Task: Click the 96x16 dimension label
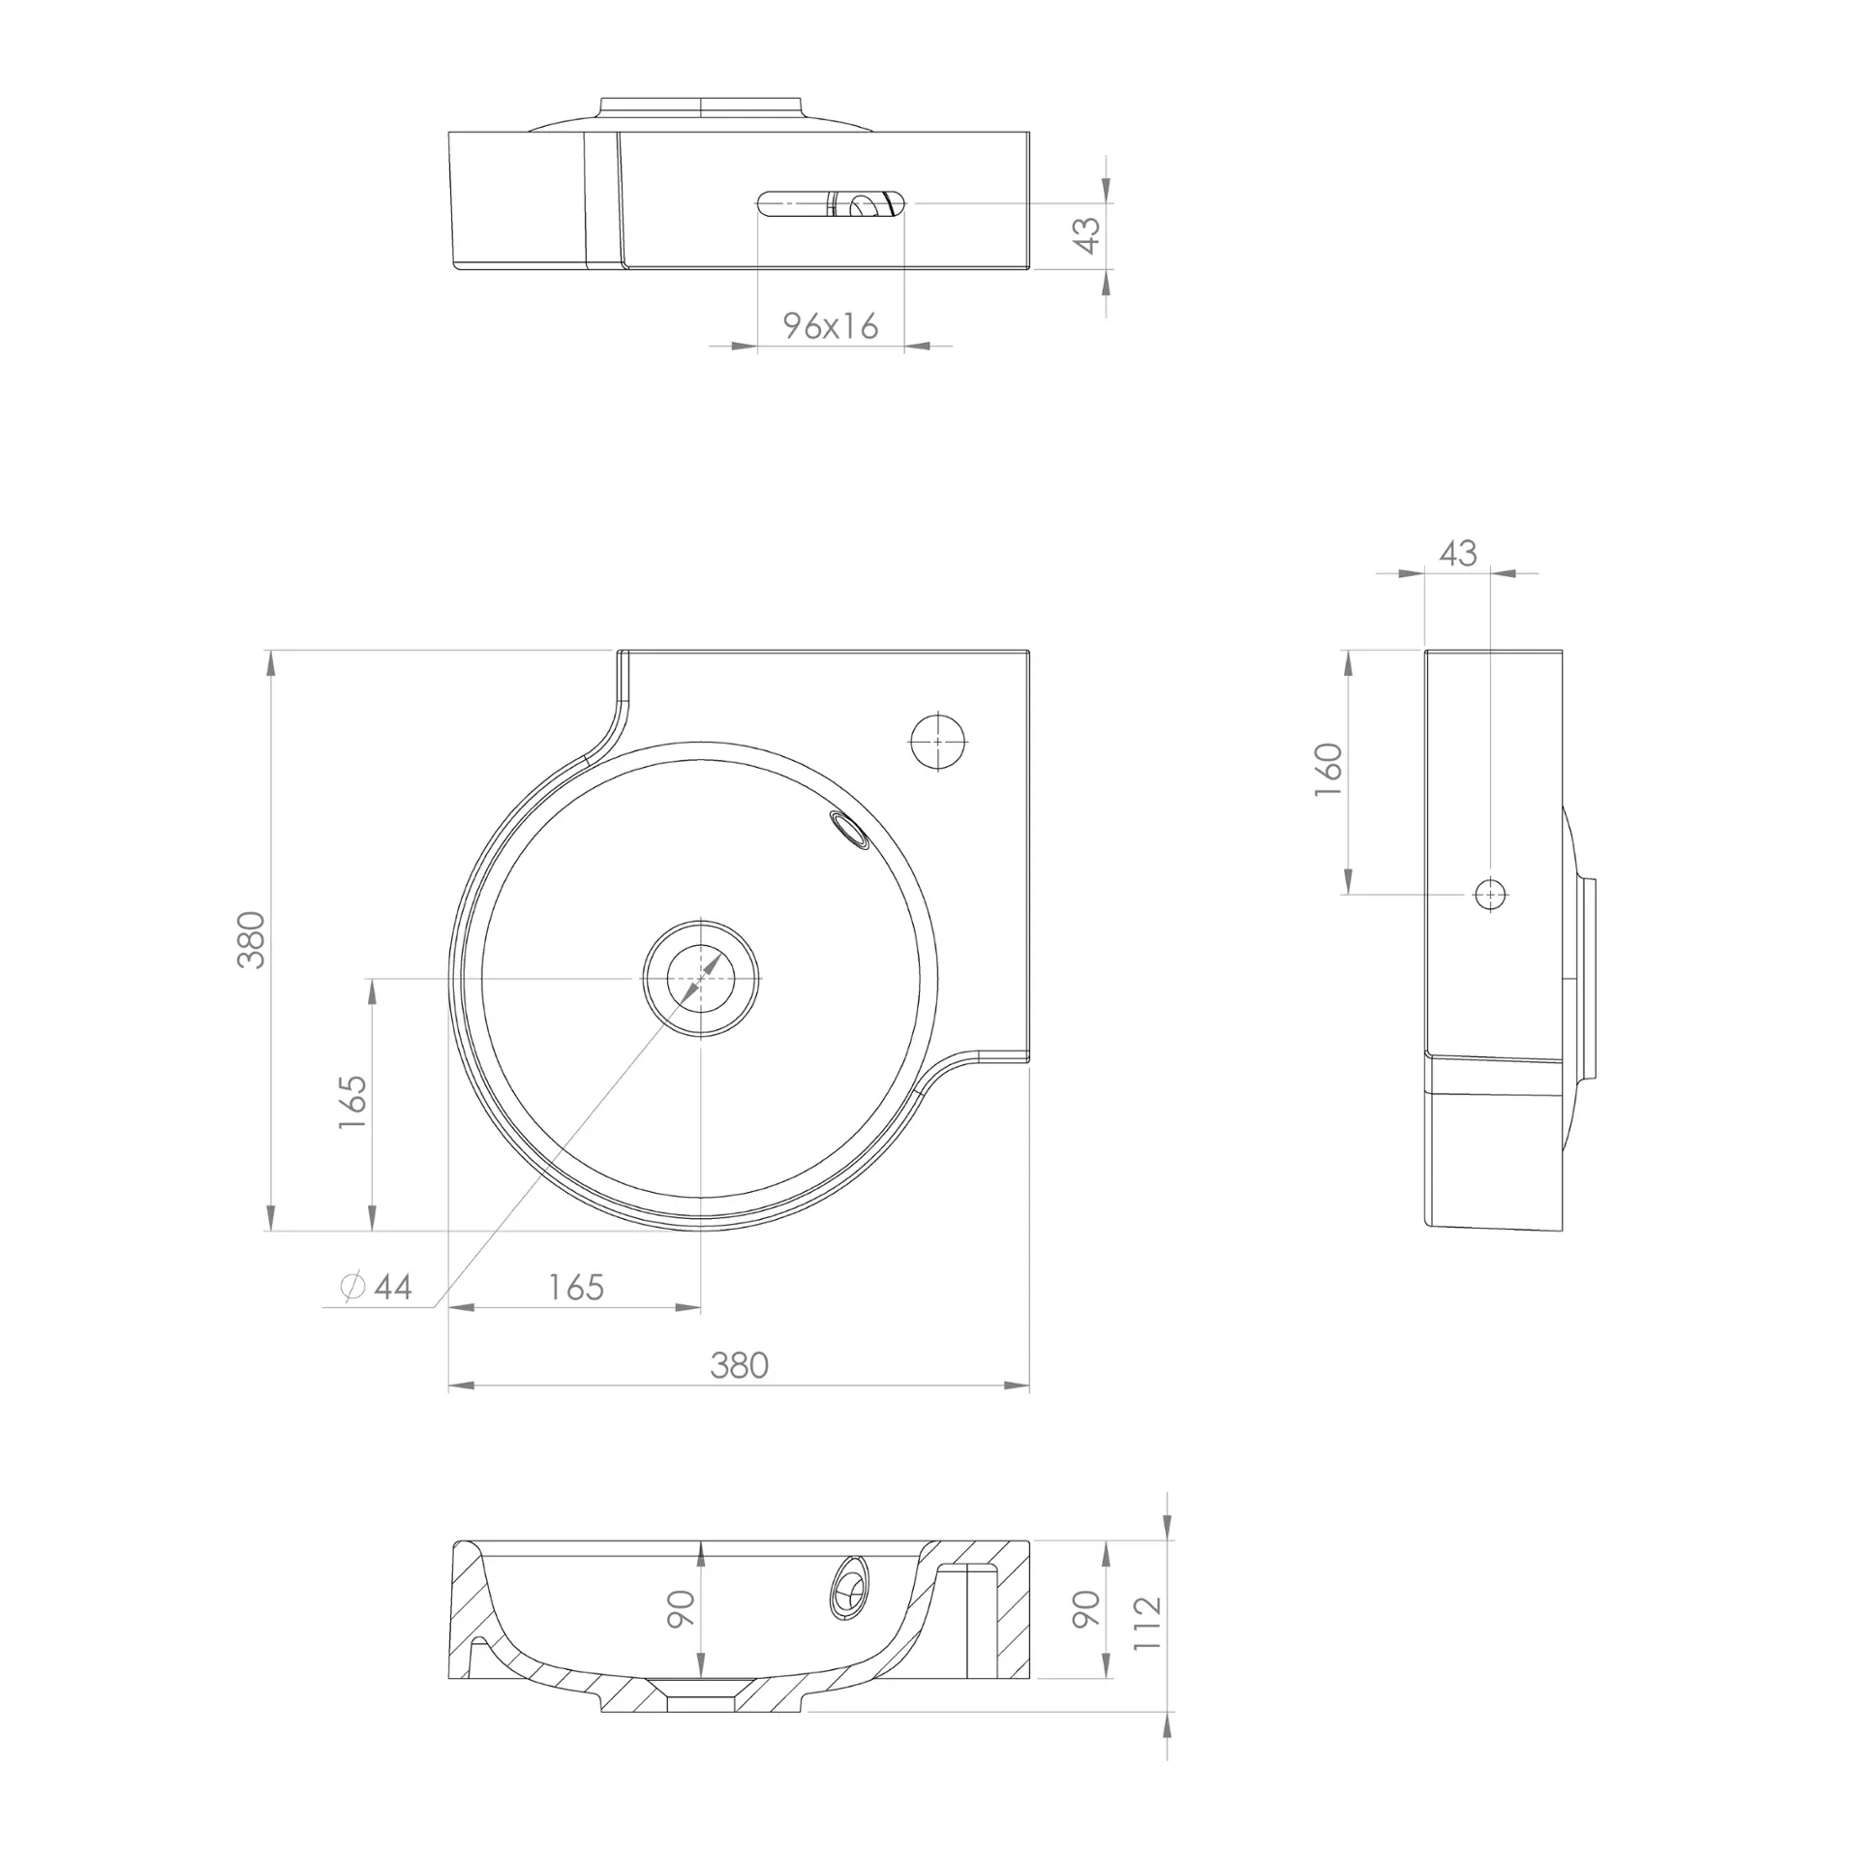click(x=831, y=326)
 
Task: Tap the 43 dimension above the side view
click(x=1457, y=553)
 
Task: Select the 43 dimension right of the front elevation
click(x=1088, y=235)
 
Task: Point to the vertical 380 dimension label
click(x=251, y=939)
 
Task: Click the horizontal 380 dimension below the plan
click(x=739, y=1365)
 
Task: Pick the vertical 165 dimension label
click(x=352, y=1101)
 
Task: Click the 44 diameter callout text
click(x=393, y=1287)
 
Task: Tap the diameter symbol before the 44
click(x=353, y=1286)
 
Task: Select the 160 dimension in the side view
click(x=1329, y=770)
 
